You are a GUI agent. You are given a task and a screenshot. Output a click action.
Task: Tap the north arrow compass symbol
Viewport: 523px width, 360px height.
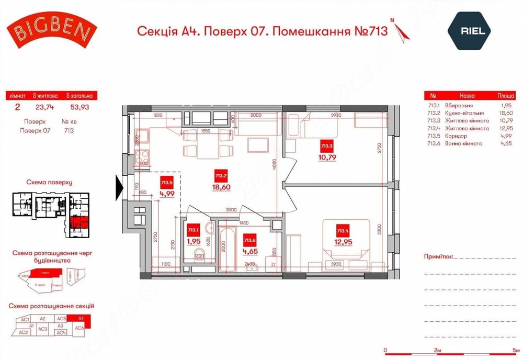click(402, 32)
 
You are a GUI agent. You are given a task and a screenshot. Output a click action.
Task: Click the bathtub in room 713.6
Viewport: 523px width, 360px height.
click(229, 242)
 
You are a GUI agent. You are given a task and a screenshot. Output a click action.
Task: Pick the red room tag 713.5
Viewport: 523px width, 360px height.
click(166, 183)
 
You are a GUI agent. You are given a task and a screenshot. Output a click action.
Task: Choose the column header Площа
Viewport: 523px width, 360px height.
click(491, 96)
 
